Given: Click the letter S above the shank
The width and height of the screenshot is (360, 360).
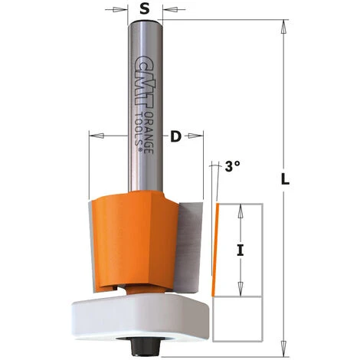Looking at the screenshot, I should pyautogui.click(x=143, y=11).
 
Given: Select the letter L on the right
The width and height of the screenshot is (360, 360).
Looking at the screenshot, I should pyautogui.click(x=286, y=181).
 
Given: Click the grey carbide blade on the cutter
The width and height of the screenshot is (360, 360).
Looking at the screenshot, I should pyautogui.click(x=192, y=245).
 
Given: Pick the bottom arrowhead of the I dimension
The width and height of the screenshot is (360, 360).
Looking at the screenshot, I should pyautogui.click(x=241, y=293).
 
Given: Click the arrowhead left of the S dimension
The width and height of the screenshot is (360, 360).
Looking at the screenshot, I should pyautogui.click(x=122, y=11).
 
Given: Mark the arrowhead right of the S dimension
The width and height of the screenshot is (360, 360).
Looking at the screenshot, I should pyautogui.click(x=165, y=11).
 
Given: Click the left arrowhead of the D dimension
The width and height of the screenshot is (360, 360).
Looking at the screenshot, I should pyautogui.click(x=94, y=138).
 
